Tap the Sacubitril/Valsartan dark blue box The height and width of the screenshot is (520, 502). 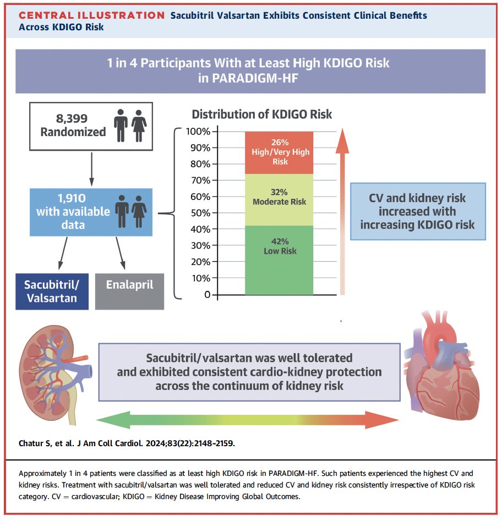coord(52,291)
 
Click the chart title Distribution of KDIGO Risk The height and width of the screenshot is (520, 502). coord(261,115)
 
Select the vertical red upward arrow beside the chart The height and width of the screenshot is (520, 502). coord(342,209)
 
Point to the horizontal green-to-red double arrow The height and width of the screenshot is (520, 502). coord(250,420)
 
